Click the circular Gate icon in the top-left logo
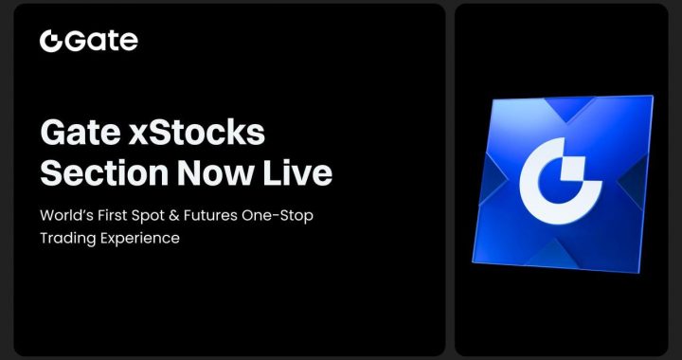(49, 41)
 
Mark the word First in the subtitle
(123, 216)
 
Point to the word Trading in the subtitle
(66, 239)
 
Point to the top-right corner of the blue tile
(652, 97)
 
